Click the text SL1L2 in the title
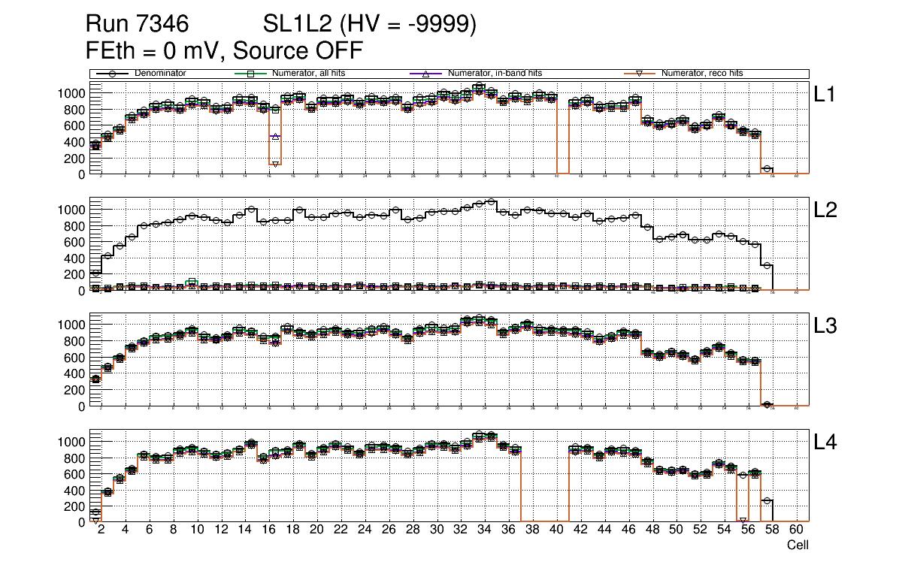coord(297,25)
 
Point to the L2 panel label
coord(826,211)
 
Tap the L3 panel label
coord(826,327)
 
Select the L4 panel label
coord(826,443)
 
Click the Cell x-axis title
coord(798,545)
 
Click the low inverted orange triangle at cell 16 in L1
coord(275,164)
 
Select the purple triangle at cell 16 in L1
coord(275,137)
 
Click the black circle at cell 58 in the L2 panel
coord(767,265)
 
